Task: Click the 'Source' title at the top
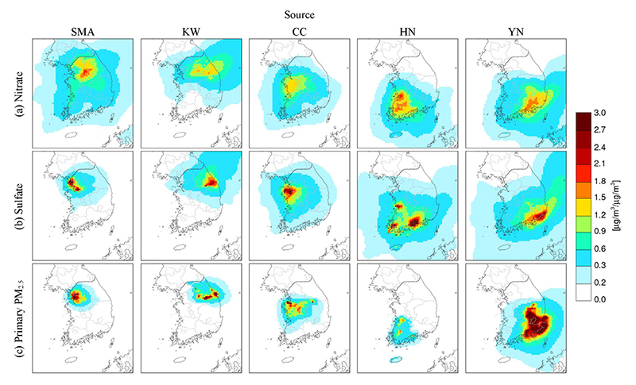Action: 300,15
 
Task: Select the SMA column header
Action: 83,33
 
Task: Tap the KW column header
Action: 191,33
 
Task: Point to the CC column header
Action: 300,33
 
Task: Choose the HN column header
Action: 408,33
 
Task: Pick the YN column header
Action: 516,33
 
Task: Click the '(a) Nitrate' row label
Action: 19,94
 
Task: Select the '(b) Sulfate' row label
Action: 19,206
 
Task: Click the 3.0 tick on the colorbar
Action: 600,113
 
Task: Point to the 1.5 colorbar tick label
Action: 600,198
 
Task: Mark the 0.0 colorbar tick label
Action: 600,299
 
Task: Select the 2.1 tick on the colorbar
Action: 600,164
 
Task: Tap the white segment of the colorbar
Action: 584,291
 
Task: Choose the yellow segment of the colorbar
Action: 584,206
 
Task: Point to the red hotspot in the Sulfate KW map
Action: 211,181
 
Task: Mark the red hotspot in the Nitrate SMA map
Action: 86,72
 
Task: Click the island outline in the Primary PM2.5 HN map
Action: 394,360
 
